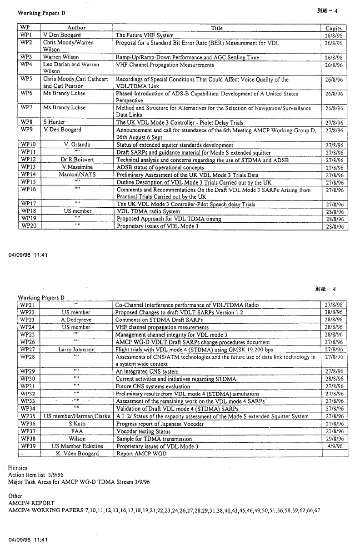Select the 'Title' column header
[x=217, y=28]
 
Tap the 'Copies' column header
[x=333, y=28]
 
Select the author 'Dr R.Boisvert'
[x=76, y=160]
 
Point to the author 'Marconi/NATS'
[x=76, y=174]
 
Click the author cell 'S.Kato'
[x=76, y=424]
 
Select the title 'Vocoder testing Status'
[x=143, y=431]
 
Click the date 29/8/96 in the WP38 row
[x=334, y=439]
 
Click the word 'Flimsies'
[x=18, y=467]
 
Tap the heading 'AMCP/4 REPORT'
[x=31, y=503]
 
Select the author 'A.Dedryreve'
[x=76, y=320]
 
